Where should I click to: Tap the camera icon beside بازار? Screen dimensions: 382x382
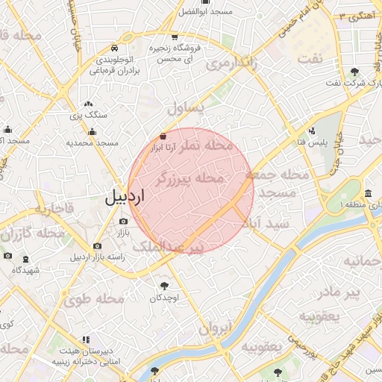point(123,222)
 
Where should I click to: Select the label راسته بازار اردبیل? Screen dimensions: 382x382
point(97,257)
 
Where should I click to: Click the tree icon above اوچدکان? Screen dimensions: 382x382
point(164,285)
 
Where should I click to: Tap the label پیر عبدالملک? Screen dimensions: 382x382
point(172,246)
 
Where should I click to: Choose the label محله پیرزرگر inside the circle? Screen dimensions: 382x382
point(190,178)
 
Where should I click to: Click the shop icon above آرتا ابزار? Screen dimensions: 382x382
point(163,137)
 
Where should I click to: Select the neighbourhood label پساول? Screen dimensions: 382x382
point(184,108)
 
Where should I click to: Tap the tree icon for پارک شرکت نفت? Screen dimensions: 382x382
point(354,72)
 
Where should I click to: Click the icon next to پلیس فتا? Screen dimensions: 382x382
point(312,130)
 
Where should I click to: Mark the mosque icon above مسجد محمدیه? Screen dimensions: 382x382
point(93,132)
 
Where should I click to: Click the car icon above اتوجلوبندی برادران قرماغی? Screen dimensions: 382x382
point(113,46)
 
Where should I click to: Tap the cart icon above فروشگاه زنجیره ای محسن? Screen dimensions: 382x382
point(175,37)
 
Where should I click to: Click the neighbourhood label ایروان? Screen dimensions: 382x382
point(216,328)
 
